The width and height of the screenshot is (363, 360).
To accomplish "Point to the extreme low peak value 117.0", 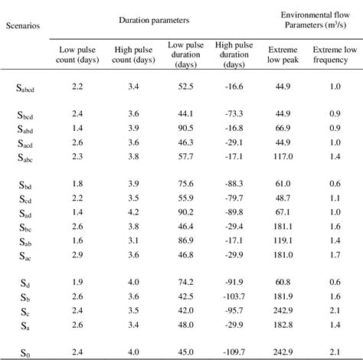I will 288,156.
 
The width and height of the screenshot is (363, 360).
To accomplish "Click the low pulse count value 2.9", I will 77,254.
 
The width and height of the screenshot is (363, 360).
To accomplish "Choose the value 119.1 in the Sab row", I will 288,241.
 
